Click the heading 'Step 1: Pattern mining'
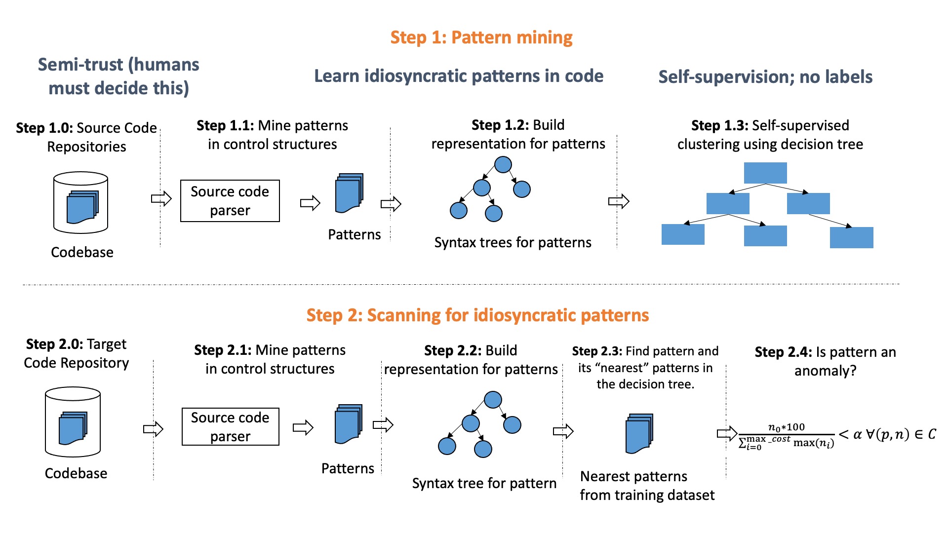[481, 38]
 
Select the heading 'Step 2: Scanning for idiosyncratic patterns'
[477, 315]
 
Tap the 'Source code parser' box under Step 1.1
[230, 201]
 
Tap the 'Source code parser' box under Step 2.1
[231, 427]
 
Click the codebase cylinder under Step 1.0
[80, 202]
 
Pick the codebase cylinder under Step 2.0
[73, 422]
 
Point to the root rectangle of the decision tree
[765, 173]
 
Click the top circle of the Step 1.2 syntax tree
[503, 164]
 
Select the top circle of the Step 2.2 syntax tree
[493, 400]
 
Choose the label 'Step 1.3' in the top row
[719, 125]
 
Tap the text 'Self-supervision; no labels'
[765, 77]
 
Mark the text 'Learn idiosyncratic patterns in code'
[459, 76]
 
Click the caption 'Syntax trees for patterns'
[513, 242]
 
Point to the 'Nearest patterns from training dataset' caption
[647, 486]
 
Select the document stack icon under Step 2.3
[639, 433]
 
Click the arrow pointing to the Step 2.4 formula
[727, 434]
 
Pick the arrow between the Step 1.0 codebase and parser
[161, 199]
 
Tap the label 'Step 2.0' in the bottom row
[54, 344]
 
